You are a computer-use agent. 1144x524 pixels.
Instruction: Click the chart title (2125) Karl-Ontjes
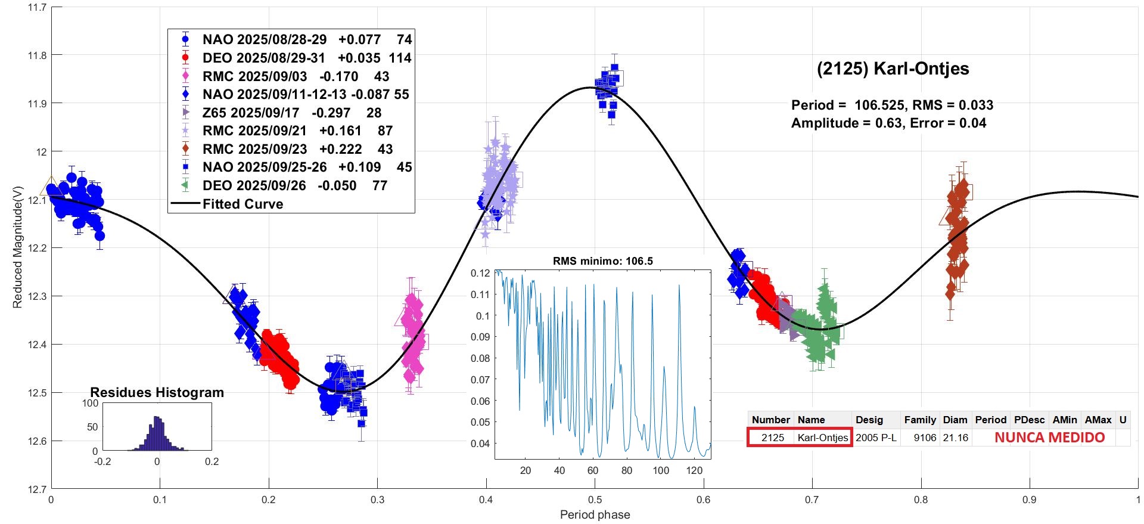[x=893, y=69]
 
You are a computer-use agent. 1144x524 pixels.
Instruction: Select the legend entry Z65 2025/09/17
[x=276, y=113]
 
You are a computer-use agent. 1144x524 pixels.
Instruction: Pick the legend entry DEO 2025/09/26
[x=294, y=185]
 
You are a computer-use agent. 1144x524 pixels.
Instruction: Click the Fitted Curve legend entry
[x=243, y=204]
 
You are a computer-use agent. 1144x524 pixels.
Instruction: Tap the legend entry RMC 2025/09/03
[x=295, y=76]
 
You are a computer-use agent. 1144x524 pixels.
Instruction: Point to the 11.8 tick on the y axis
[x=36, y=55]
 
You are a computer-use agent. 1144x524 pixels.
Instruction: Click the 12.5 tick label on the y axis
[x=36, y=393]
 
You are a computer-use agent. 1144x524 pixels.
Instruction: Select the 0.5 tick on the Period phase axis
[x=595, y=500]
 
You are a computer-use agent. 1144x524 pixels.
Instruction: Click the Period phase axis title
[x=595, y=514]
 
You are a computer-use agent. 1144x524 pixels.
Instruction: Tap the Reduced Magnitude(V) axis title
[x=17, y=247]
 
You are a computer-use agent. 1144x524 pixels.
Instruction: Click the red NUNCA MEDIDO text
[x=1049, y=438]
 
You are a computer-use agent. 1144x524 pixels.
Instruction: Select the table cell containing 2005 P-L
[x=876, y=438]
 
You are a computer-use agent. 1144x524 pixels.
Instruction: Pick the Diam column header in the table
[x=955, y=420]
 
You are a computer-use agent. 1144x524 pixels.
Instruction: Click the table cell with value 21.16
[x=955, y=438]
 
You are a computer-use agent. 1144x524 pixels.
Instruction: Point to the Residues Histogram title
[x=157, y=392]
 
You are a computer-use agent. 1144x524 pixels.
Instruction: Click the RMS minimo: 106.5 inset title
[x=602, y=261]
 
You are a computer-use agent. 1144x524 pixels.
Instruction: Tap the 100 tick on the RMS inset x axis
[x=661, y=470]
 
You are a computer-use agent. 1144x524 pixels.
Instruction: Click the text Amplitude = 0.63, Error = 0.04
[x=888, y=123]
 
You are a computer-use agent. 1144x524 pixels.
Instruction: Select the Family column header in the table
[x=920, y=420]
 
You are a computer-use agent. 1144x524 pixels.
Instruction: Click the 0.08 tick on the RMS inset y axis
[x=480, y=358]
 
